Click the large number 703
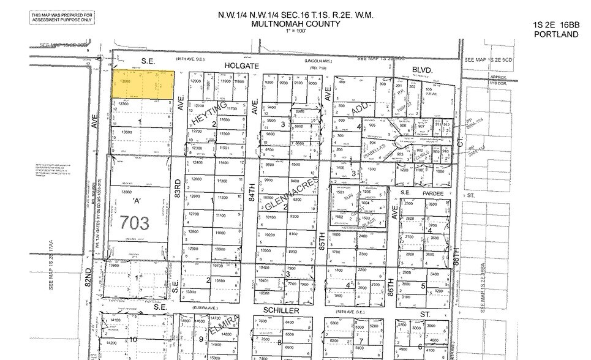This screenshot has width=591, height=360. point(134,223)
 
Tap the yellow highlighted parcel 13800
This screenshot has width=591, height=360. point(143,83)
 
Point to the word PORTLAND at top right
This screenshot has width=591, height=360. point(556,34)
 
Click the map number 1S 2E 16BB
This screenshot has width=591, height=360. point(556,25)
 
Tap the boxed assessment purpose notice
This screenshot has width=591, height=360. point(62,17)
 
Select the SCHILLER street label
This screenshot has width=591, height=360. point(282,311)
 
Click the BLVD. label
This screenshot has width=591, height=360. point(422,70)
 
